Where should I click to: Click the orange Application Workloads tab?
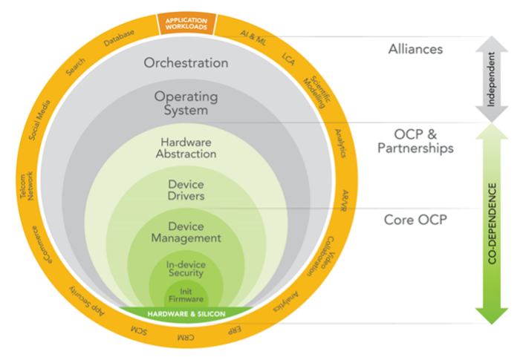click(186, 24)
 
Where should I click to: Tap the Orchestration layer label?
click(186, 62)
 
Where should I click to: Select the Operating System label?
click(186, 103)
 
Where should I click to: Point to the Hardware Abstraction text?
click(186, 148)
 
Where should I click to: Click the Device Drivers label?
click(186, 190)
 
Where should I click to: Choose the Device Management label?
click(186, 232)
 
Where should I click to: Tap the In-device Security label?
click(186, 269)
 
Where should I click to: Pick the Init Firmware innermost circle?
click(186, 293)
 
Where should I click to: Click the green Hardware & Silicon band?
click(186, 314)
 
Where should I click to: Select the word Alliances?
click(415, 49)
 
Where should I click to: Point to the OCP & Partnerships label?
click(415, 141)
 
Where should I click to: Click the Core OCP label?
click(415, 220)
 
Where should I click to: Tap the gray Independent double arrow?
click(492, 79)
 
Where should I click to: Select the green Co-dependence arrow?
click(492, 224)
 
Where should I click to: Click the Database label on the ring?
click(119, 38)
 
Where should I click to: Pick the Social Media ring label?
click(39, 120)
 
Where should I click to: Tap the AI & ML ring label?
click(253, 38)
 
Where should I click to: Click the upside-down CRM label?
click(186, 338)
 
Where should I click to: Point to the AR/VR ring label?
click(344, 200)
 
